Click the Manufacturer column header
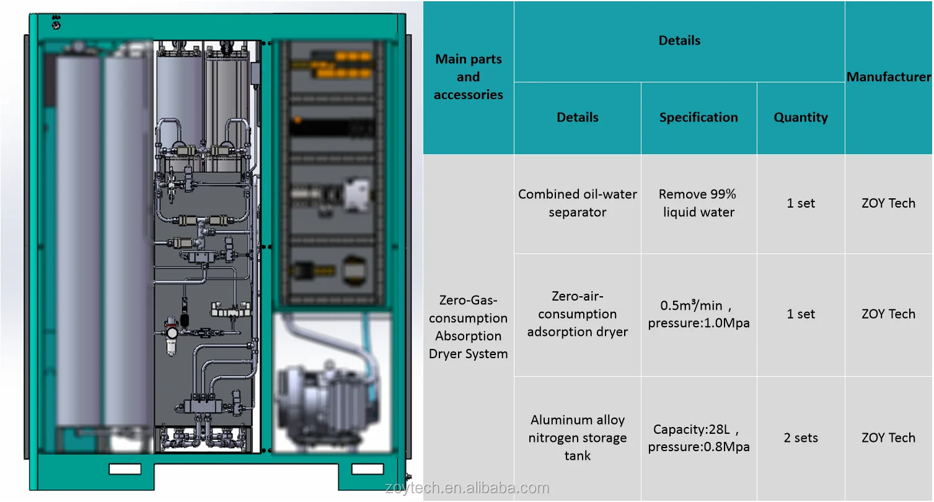pyautogui.click(x=888, y=77)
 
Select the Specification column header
pyautogui.click(x=698, y=118)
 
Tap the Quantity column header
pyautogui.click(x=800, y=118)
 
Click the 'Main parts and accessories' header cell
pyautogui.click(x=469, y=77)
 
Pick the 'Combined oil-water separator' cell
pyautogui.click(x=577, y=203)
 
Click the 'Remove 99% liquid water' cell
pyautogui.click(x=698, y=203)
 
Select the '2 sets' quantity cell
pyautogui.click(x=800, y=438)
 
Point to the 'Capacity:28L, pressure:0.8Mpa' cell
pyautogui.click(x=698, y=438)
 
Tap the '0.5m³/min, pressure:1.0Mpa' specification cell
pyautogui.click(x=698, y=314)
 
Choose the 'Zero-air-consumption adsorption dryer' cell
pyautogui.click(x=577, y=314)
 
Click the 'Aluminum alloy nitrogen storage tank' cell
pyautogui.click(x=577, y=438)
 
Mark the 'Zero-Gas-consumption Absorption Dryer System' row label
pyautogui.click(x=469, y=327)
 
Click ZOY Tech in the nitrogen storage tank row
pyautogui.click(x=888, y=438)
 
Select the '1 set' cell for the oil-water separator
pyautogui.click(x=800, y=203)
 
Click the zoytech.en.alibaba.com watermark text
pyautogui.click(x=467, y=488)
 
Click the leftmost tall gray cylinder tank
pyautogui.click(x=79, y=242)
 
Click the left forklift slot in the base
pyautogui.click(x=125, y=469)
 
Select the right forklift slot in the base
pyautogui.click(x=368, y=469)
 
